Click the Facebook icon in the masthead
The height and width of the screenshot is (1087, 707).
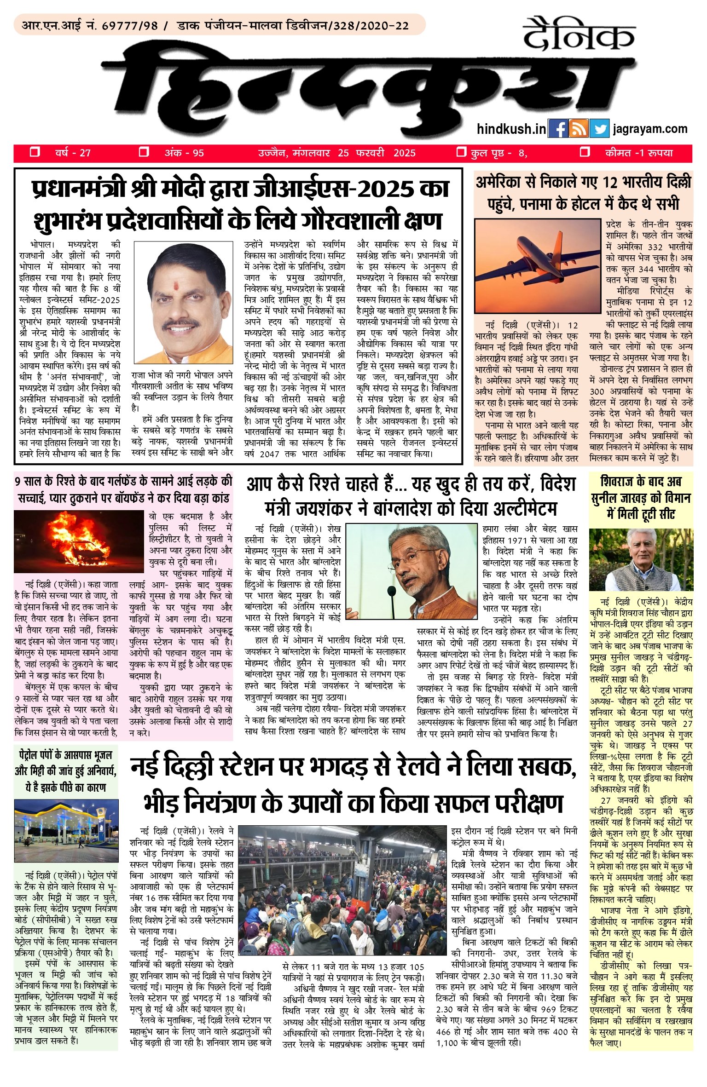(x=558, y=129)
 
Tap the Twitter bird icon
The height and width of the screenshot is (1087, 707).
(x=599, y=129)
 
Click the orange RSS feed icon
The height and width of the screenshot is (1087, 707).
(x=579, y=129)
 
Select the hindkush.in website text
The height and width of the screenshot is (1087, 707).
(x=511, y=129)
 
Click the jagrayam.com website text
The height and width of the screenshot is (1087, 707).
(x=650, y=129)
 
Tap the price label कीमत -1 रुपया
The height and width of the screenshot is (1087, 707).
(x=639, y=153)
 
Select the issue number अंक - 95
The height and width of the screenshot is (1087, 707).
(x=184, y=153)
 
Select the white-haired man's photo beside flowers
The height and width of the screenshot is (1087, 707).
(x=641, y=558)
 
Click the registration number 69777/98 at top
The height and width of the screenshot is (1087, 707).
(x=130, y=25)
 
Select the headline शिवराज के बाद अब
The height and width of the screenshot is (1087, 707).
(x=641, y=482)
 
